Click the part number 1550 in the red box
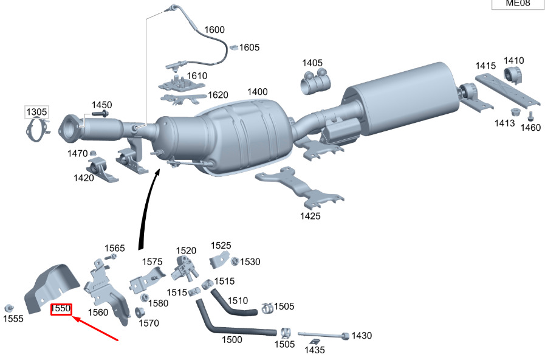(61, 309)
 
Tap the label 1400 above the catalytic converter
(257, 92)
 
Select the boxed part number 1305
(36, 112)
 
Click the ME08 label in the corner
(518, 4)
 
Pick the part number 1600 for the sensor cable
(214, 29)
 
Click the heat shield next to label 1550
(53, 283)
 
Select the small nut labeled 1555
(9, 307)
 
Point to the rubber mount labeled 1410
(515, 77)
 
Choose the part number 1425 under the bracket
(310, 216)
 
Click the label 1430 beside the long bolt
(362, 336)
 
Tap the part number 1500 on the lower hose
(232, 340)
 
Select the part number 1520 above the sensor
(186, 251)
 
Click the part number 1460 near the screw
(530, 128)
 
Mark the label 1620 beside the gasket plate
(218, 95)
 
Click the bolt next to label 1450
(102, 114)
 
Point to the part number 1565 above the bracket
(114, 248)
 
